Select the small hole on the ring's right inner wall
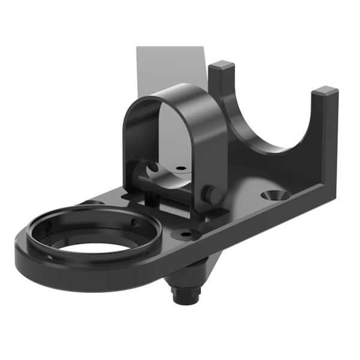[x=136, y=223]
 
